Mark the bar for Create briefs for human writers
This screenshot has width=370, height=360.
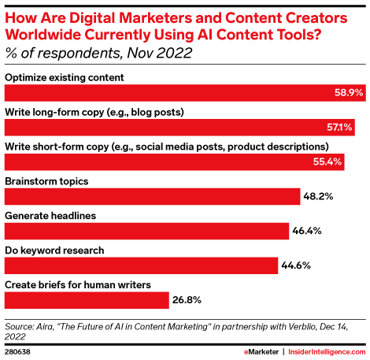click(x=87, y=300)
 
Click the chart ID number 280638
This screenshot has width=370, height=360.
click(x=20, y=350)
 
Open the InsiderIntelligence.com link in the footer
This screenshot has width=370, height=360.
click(x=324, y=350)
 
